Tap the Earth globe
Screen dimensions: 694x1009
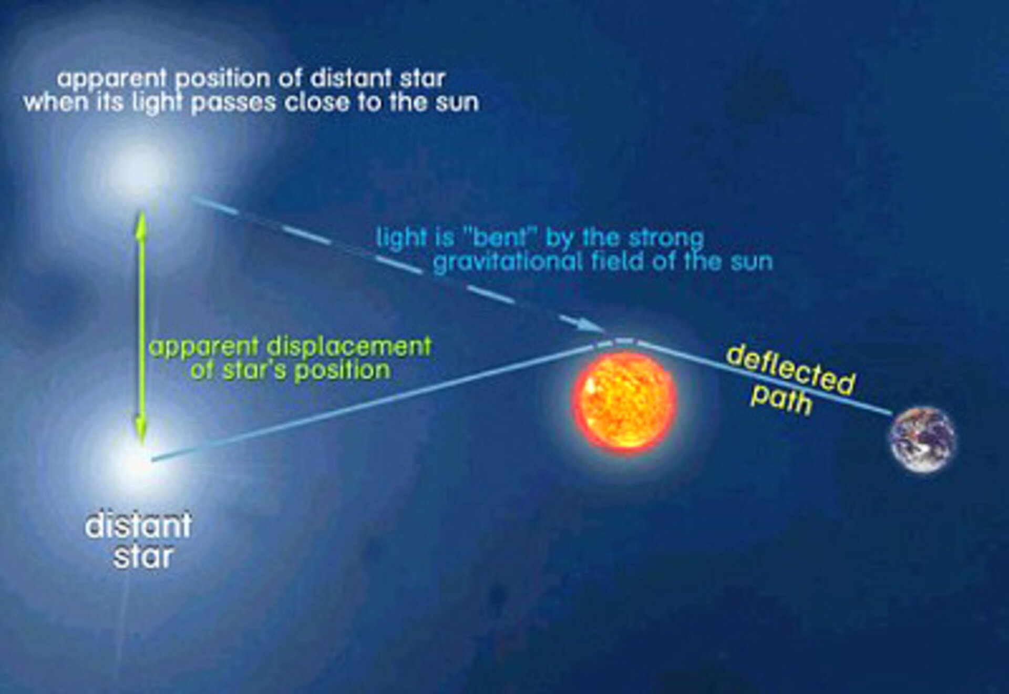(922, 440)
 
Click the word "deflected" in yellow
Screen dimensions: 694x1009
(790, 371)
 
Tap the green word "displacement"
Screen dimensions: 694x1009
(349, 347)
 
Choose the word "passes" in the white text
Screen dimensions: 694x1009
(233, 102)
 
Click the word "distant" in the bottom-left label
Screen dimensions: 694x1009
(138, 525)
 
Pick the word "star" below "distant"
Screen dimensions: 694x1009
(142, 556)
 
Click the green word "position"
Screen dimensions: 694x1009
(342, 371)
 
